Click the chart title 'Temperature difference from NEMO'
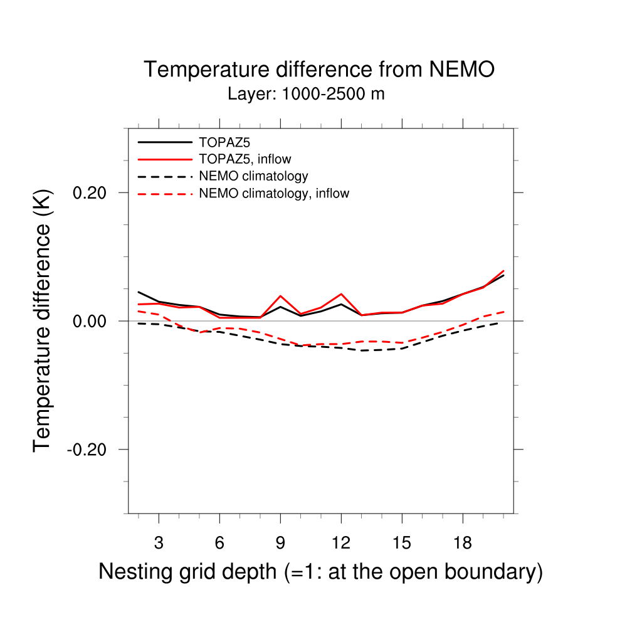319,70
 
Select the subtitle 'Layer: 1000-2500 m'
306,95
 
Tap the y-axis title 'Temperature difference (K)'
43,320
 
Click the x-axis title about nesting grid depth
320,572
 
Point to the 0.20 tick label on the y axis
90,192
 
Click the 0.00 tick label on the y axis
90,321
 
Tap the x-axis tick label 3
159,544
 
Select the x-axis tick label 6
219,544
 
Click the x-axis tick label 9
280,544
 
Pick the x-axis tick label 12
341,544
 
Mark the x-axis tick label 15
402,544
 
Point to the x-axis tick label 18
463,544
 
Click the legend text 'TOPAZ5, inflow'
245,159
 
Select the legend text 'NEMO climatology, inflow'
274,194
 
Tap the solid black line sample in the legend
164,142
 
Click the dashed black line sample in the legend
164,177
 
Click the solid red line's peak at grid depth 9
280,295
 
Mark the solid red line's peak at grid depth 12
341,293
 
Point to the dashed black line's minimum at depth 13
361,350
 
